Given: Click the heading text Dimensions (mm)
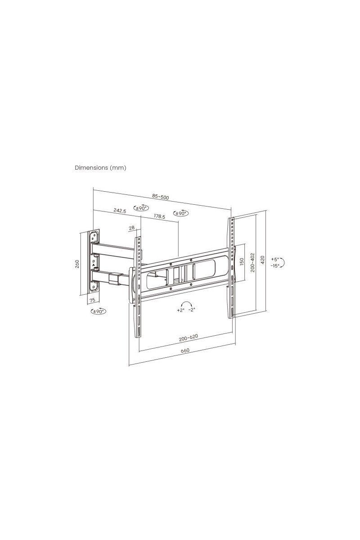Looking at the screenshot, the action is pyautogui.click(x=100, y=167).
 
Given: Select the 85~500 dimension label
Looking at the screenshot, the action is pyautogui.click(x=160, y=197).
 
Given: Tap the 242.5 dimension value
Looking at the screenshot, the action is pyautogui.click(x=120, y=211).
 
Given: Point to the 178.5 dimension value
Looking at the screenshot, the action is pyautogui.click(x=159, y=216).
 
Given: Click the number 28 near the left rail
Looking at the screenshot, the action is pyautogui.click(x=132, y=228).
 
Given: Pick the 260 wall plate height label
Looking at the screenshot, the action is pyautogui.click(x=77, y=264).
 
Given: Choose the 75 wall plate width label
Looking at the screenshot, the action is pyautogui.click(x=92, y=300).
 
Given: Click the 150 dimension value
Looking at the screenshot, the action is pyautogui.click(x=242, y=262).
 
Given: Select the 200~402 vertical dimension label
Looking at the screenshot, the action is pyautogui.click(x=252, y=262).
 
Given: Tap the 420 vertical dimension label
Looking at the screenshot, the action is pyautogui.click(x=263, y=260).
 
